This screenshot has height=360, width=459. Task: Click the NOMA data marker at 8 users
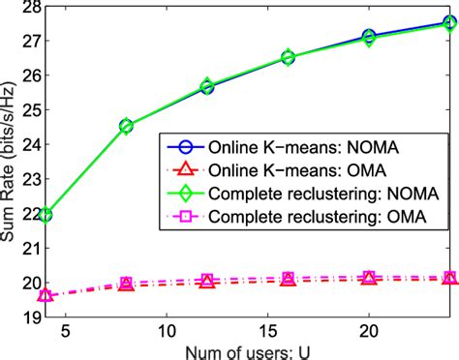click(x=126, y=126)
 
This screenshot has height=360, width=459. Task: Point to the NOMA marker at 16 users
click(x=288, y=57)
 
